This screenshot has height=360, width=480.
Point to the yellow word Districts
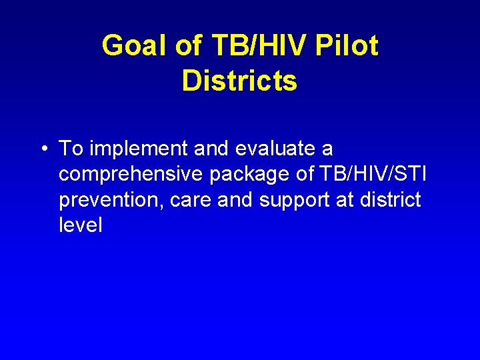(239, 81)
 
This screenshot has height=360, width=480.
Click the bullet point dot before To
(43, 149)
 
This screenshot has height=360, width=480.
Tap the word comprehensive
(131, 174)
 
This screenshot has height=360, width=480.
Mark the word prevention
(109, 199)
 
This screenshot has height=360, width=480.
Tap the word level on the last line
(81, 225)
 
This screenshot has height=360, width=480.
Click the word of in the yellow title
(188, 46)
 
